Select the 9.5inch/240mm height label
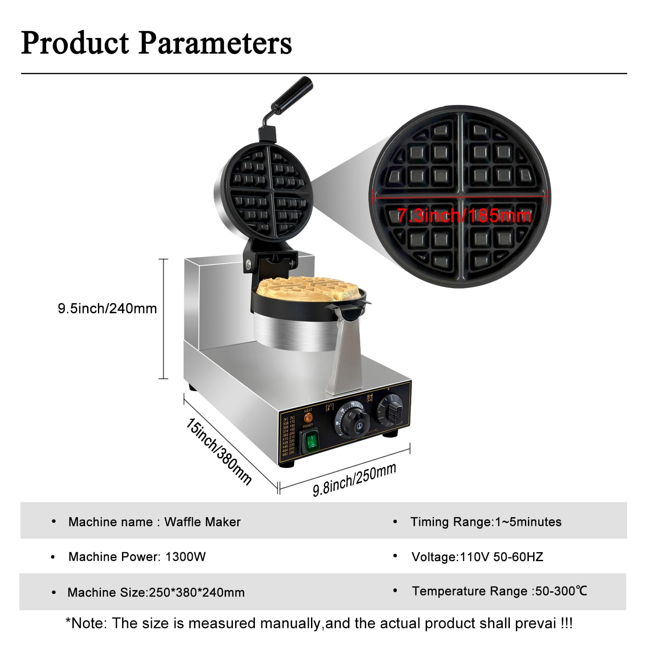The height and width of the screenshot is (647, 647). pyautogui.click(x=107, y=308)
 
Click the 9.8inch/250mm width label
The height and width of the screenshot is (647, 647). pyautogui.click(x=354, y=480)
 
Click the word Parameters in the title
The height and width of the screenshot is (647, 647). pyautogui.click(x=215, y=43)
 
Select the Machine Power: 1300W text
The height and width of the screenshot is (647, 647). pyautogui.click(x=137, y=557)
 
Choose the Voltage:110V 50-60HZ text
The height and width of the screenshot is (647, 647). pyautogui.click(x=477, y=557)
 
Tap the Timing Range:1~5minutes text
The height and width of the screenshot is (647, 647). pyautogui.click(x=486, y=522)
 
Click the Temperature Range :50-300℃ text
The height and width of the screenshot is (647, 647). pyautogui.click(x=499, y=591)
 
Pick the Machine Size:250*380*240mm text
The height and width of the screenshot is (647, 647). pyautogui.click(x=156, y=592)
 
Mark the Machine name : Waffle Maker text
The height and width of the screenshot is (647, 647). pyautogui.click(x=154, y=522)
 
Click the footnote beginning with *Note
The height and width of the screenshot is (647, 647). pyautogui.click(x=319, y=623)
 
